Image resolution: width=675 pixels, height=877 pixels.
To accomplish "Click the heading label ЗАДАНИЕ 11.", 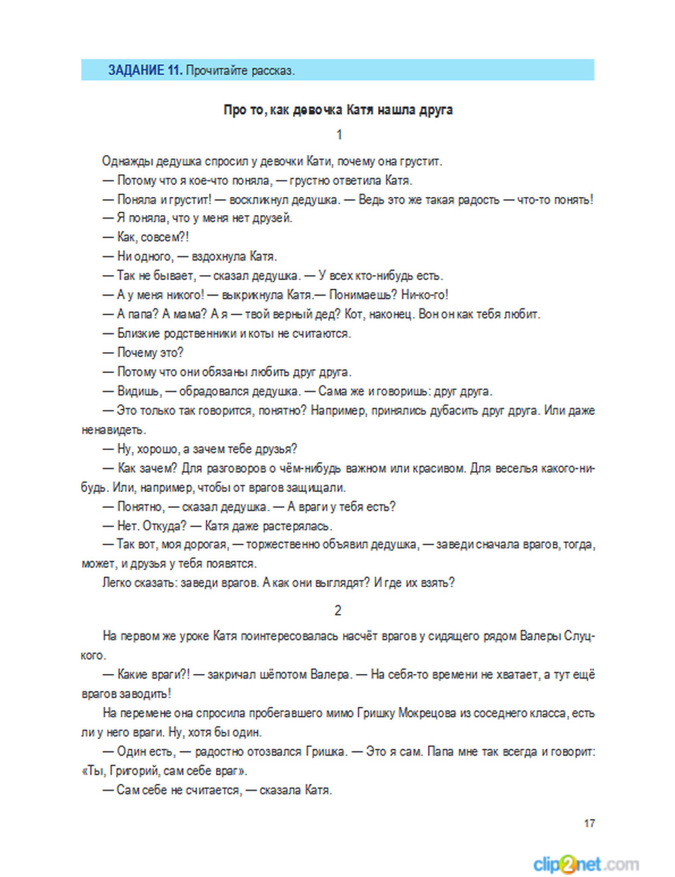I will (x=144, y=70).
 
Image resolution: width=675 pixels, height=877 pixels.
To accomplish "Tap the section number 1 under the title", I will (x=339, y=135).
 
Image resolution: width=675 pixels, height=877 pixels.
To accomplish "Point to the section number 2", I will (x=338, y=611).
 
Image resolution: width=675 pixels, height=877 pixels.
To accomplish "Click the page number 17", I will (x=589, y=823).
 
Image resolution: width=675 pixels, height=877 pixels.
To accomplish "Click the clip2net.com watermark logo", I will (x=585, y=864).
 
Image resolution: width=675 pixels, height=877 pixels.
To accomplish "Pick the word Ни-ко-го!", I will (x=425, y=295).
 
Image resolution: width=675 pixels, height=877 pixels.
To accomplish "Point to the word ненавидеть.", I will (x=113, y=430).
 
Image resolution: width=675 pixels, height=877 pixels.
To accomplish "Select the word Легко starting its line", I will (x=116, y=583).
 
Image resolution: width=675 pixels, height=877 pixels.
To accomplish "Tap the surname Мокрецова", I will (x=427, y=713).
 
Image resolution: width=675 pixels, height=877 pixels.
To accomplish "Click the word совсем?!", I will (x=165, y=237).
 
